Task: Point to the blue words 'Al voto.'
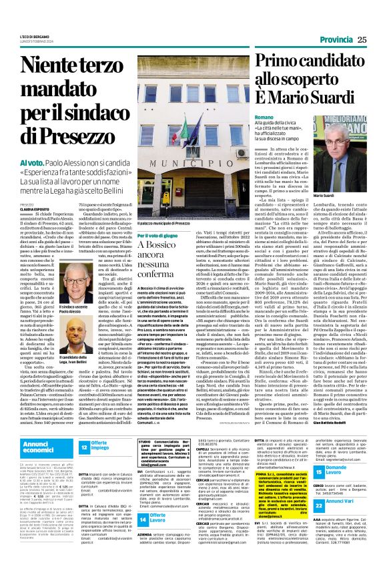[32, 163]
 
